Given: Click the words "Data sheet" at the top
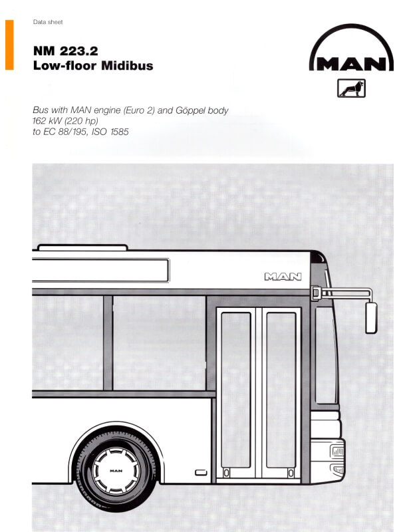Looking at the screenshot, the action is click(x=48, y=22).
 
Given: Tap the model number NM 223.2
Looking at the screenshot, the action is click(x=65, y=51).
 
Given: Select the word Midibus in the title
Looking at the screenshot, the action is click(x=127, y=65).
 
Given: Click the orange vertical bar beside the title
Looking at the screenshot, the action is click(x=9, y=45).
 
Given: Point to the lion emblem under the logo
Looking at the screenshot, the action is click(x=351, y=88).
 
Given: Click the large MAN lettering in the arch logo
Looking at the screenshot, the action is click(x=352, y=64).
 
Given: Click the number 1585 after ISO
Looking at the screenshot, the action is click(x=120, y=132).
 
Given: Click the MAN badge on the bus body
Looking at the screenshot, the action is click(x=283, y=277).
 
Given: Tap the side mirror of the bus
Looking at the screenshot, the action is click(x=371, y=318).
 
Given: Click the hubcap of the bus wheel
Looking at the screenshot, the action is click(x=116, y=471).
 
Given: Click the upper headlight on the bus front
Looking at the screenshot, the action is click(x=338, y=451).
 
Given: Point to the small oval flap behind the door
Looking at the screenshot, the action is click(x=201, y=473).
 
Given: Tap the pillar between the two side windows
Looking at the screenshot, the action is click(x=108, y=342).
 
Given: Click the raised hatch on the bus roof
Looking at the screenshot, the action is click(x=82, y=247).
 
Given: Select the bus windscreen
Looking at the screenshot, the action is click(x=327, y=354).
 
